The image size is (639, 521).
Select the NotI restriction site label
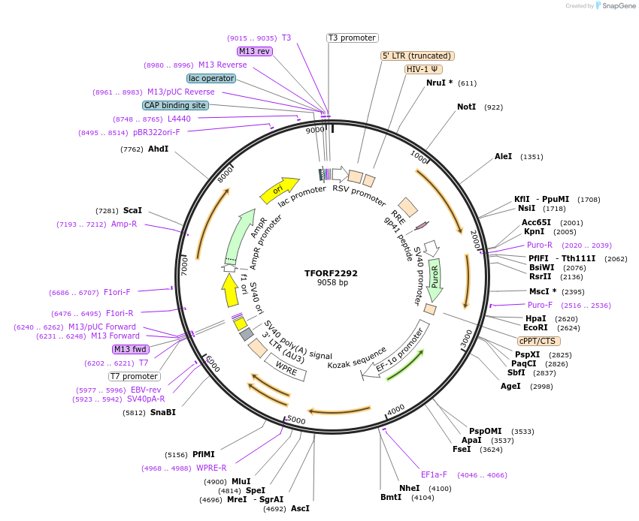tap(466, 107)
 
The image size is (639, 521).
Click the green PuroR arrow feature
tap(434, 279)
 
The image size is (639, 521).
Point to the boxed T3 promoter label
tap(352, 38)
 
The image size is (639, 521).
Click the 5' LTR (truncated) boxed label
tap(417, 56)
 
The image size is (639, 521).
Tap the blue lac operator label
tap(211, 78)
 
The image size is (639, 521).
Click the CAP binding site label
tap(175, 106)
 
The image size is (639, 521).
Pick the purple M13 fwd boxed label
tap(130, 349)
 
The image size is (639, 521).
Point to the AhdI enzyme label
tap(158, 149)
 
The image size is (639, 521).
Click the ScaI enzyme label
tap(132, 211)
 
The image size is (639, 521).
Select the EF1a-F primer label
tap(434, 474)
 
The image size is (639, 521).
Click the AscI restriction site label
tap(300, 508)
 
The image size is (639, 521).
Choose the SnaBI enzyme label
tap(162, 412)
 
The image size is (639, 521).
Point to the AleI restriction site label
tap(503, 157)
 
